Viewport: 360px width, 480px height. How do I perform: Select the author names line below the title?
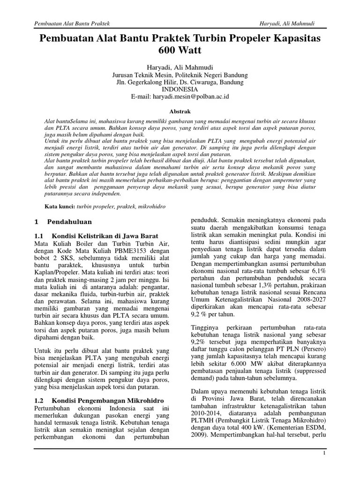pyautogui.click(x=180, y=67)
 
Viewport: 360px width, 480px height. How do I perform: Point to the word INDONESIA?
pyautogui.click(x=180, y=89)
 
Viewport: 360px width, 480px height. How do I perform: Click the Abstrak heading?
pyautogui.click(x=180, y=112)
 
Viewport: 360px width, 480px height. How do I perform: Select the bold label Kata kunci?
pyautogui.click(x=59, y=206)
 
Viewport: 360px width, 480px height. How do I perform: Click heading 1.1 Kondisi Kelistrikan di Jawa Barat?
pyautogui.click(x=97, y=235)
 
